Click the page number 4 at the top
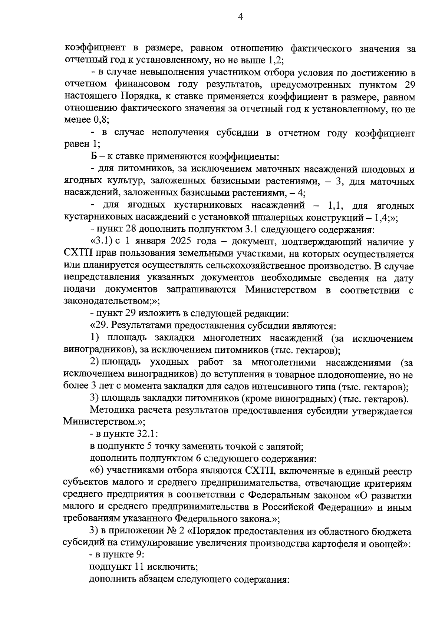[x=240, y=17]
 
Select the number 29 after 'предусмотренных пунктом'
[x=408, y=85]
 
